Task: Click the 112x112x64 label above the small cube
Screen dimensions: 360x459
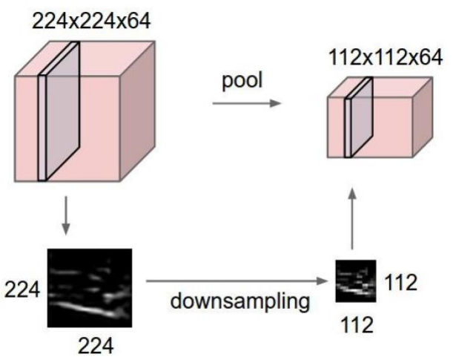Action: (383, 58)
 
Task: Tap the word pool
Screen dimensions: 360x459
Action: (241, 80)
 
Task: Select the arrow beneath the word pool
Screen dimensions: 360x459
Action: (247, 103)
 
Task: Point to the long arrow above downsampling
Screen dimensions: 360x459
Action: (237, 281)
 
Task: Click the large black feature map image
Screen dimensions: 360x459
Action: (90, 287)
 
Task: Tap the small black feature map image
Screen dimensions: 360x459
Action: (355, 280)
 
